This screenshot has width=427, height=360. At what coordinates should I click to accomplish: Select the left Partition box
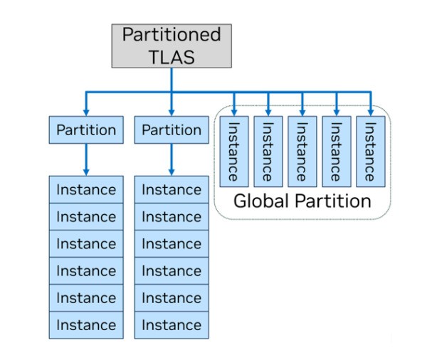(86, 130)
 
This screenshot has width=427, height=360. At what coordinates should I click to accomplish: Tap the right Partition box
(172, 130)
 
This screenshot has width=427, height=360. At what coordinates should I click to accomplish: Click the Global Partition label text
(302, 201)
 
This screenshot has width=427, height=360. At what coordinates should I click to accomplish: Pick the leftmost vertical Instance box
(233, 151)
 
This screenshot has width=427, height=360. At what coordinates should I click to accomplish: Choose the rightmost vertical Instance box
(370, 151)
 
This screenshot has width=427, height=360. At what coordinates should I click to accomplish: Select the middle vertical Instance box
(302, 151)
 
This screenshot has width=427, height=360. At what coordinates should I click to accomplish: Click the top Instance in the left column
(86, 190)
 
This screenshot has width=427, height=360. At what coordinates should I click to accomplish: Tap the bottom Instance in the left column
(86, 325)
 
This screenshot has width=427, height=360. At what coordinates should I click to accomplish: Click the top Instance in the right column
(172, 190)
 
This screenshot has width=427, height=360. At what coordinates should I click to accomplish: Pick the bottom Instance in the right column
(172, 325)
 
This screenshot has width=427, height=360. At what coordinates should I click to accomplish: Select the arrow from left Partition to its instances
(86, 159)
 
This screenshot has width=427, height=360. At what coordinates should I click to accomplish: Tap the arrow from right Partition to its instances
(172, 159)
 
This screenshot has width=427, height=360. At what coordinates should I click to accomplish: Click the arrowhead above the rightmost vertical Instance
(370, 110)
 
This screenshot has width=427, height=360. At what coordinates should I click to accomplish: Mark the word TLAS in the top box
(172, 58)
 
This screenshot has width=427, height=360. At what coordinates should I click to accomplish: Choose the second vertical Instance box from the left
(268, 151)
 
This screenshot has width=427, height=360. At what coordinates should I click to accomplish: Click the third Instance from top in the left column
(86, 244)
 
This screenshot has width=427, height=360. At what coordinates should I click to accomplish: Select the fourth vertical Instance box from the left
(336, 151)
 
